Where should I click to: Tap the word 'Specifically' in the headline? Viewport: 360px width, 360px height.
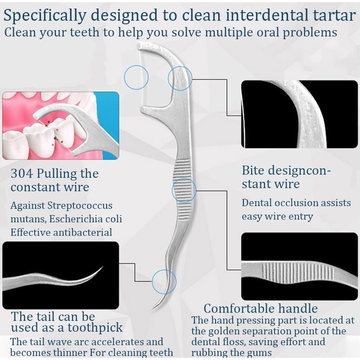pos(47,16)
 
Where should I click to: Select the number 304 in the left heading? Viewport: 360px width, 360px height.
pos(21,174)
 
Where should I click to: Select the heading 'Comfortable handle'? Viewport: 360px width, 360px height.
pos(261,308)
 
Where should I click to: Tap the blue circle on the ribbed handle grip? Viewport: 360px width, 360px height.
pos(184,190)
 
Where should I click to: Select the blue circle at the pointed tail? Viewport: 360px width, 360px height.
pos(164,282)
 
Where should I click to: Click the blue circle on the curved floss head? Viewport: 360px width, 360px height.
pos(180,79)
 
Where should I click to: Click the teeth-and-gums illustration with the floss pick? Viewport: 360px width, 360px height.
pos(61,126)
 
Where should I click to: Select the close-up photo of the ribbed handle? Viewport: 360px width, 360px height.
pos(300,266)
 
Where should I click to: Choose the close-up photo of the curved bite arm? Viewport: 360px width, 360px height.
pos(300,114)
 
